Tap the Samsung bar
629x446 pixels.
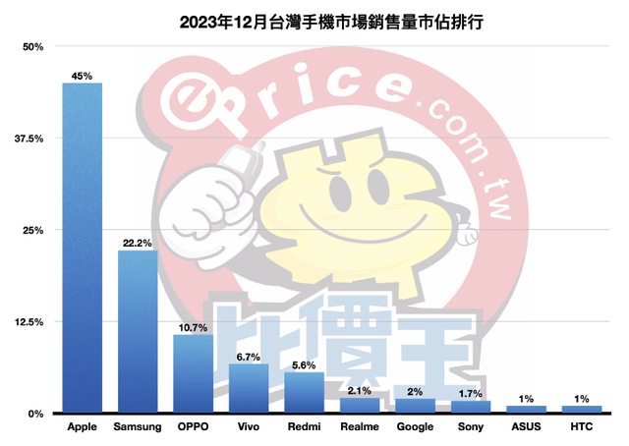point(138,331)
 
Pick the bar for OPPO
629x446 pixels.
point(193,373)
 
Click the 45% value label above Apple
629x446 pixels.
point(83,75)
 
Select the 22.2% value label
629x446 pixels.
point(138,242)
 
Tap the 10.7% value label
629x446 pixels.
point(193,326)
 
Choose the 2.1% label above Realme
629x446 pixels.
point(360,389)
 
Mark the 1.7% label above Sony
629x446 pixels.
point(471,392)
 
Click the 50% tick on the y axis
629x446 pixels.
point(33,47)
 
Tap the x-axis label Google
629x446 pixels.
point(415,427)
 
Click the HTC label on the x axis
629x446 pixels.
point(581,427)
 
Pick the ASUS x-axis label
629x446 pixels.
point(526,427)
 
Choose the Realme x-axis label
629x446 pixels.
point(360,427)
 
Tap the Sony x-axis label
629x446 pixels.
point(471,427)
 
